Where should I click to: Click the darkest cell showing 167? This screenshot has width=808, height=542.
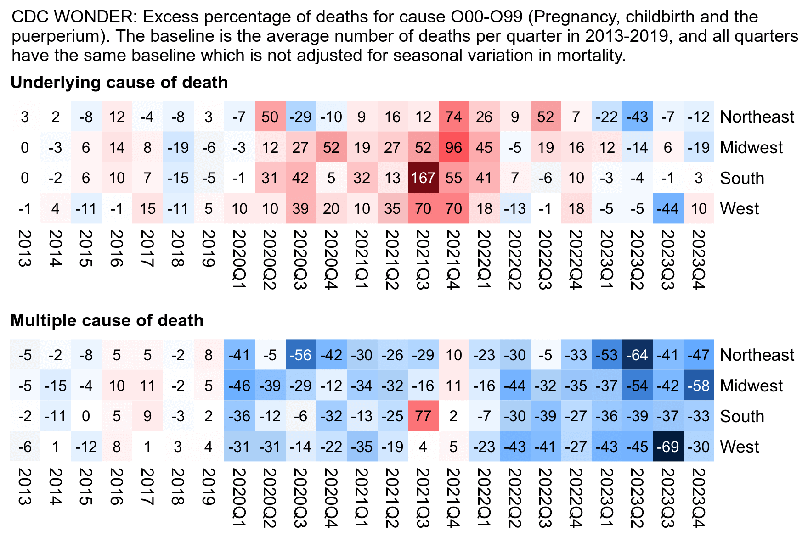coord(423,178)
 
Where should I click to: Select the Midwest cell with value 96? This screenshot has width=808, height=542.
coord(454,147)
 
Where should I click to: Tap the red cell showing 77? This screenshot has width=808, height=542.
coord(423,416)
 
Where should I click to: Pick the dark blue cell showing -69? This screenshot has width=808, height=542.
coord(668,447)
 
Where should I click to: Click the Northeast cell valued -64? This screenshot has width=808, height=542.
coord(638,355)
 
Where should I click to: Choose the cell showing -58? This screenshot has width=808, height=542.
coord(699,386)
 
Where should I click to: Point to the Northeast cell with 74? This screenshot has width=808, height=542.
coord(454,117)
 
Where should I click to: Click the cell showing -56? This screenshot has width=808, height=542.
coord(300,355)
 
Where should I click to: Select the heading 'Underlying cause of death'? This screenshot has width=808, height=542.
coord(119,83)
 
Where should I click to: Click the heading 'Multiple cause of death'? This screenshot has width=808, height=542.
coord(107,320)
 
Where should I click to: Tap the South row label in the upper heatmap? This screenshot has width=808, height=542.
coord(742,178)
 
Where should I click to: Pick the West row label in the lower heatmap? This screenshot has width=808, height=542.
coord(740,447)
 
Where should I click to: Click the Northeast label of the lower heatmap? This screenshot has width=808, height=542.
coord(757,355)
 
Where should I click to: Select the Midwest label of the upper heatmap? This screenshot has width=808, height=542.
coord(751,147)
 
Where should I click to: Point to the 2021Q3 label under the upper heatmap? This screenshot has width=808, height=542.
coord(423,260)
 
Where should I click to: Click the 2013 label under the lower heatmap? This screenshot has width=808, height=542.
coord(25,486)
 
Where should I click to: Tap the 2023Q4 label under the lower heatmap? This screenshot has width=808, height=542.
coord(699,498)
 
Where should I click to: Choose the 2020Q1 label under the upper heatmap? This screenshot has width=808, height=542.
coord(239,260)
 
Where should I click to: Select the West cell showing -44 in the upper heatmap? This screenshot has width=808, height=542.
coord(668,208)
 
